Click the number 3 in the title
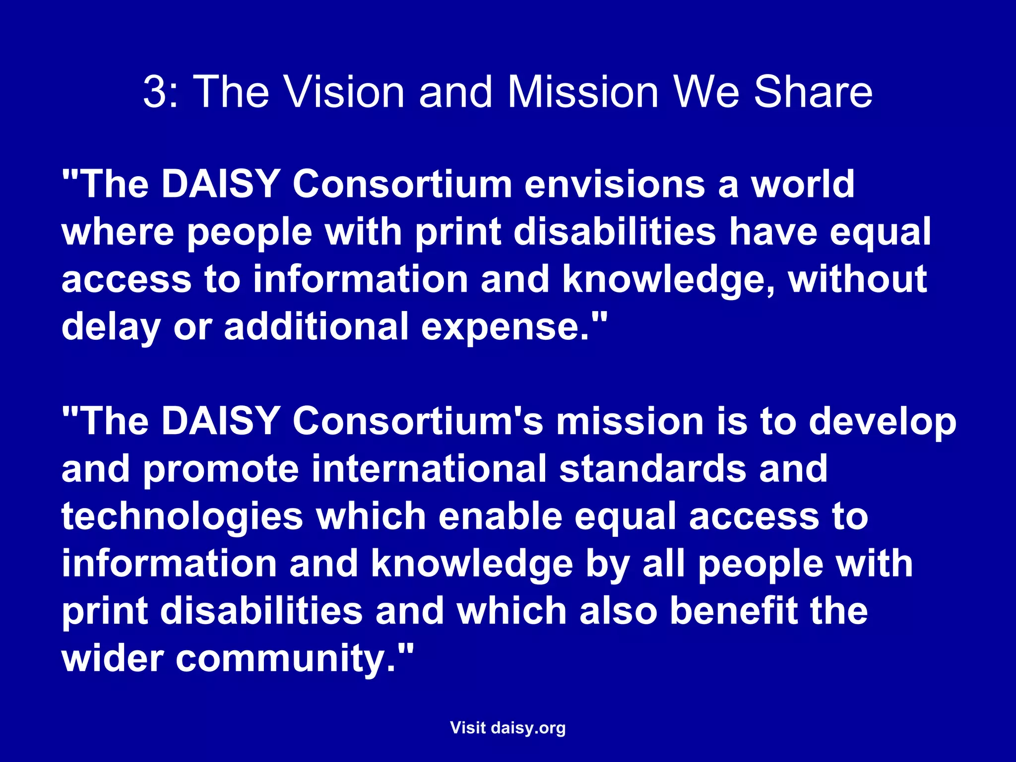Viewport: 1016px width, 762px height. coord(155,92)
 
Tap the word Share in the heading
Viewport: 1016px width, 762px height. coord(813,92)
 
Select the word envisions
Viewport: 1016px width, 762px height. coord(615,185)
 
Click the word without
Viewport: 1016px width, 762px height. coord(858,279)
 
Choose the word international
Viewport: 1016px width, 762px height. coord(429,468)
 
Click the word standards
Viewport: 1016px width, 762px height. coord(653,468)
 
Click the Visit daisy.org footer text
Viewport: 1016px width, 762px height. coord(508,728)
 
